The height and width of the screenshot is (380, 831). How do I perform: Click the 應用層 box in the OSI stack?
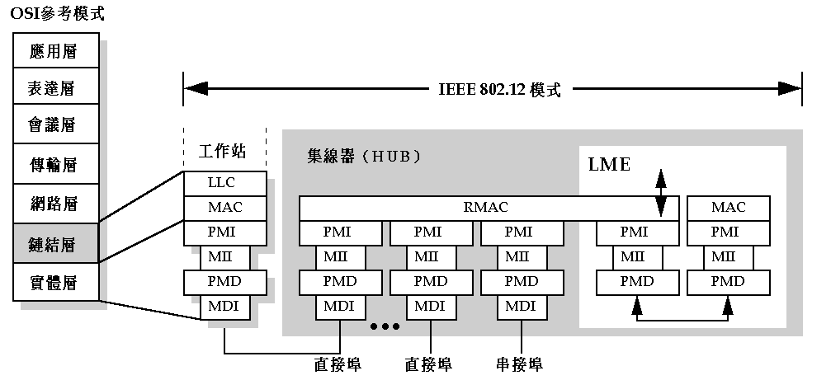click(x=55, y=51)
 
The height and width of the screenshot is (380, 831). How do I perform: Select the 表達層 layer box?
click(x=55, y=88)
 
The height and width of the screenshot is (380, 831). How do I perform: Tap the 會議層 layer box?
click(x=55, y=125)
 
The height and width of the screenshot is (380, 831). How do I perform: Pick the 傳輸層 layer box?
click(x=55, y=165)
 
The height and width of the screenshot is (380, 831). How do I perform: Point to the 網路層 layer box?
click(x=55, y=204)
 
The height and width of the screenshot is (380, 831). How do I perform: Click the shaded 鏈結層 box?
click(x=55, y=243)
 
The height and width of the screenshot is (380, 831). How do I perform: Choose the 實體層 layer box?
click(x=55, y=283)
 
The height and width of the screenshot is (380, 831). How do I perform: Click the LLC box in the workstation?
click(x=225, y=182)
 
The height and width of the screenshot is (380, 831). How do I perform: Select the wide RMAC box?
click(x=488, y=208)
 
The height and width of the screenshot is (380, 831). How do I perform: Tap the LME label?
click(x=609, y=165)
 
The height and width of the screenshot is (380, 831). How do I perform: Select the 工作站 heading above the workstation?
click(x=223, y=152)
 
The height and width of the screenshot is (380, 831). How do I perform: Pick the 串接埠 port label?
click(x=519, y=364)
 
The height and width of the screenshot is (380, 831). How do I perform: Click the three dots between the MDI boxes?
click(x=385, y=327)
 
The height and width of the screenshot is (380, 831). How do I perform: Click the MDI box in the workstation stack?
click(x=225, y=307)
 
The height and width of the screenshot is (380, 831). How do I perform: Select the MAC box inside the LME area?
click(x=729, y=208)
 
